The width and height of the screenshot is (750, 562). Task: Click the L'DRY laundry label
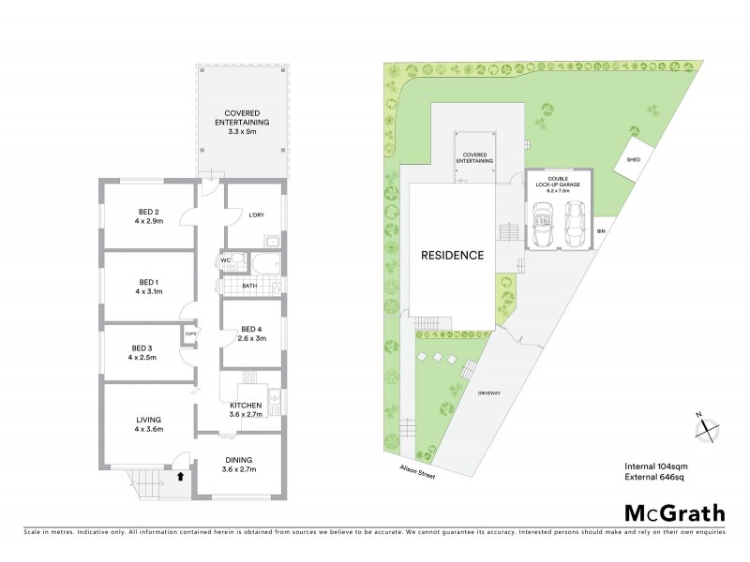coord(256,216)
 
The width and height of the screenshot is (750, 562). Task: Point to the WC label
coord(226,260)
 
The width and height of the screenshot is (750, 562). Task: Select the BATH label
coord(249,286)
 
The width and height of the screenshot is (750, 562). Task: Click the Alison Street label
coord(413,473)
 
